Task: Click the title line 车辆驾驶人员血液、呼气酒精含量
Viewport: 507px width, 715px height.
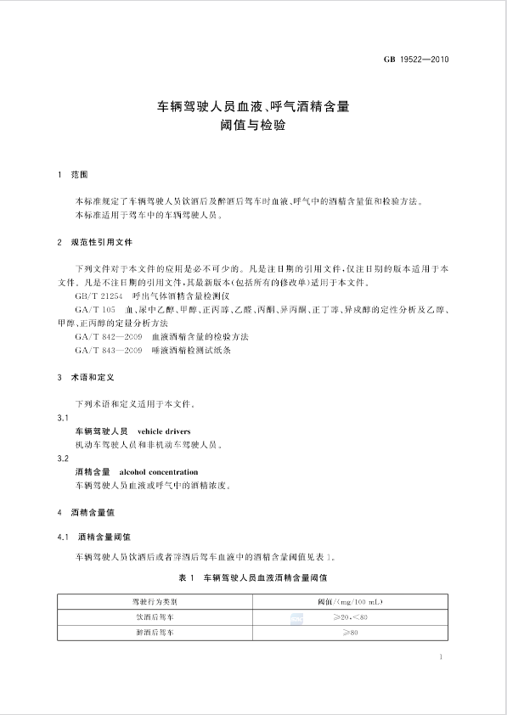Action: (x=253, y=108)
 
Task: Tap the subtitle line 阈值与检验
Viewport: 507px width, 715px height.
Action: (x=253, y=127)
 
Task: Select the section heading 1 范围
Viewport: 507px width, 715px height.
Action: (x=73, y=175)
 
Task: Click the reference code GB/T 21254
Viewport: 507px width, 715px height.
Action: (x=99, y=296)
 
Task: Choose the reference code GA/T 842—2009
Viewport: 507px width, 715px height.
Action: (x=108, y=337)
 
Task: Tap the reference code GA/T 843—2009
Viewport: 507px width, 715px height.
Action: (x=108, y=351)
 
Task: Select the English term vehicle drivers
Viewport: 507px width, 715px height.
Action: (x=164, y=431)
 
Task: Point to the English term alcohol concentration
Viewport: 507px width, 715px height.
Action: (x=159, y=472)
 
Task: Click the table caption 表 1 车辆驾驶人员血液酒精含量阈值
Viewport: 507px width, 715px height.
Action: (x=253, y=577)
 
